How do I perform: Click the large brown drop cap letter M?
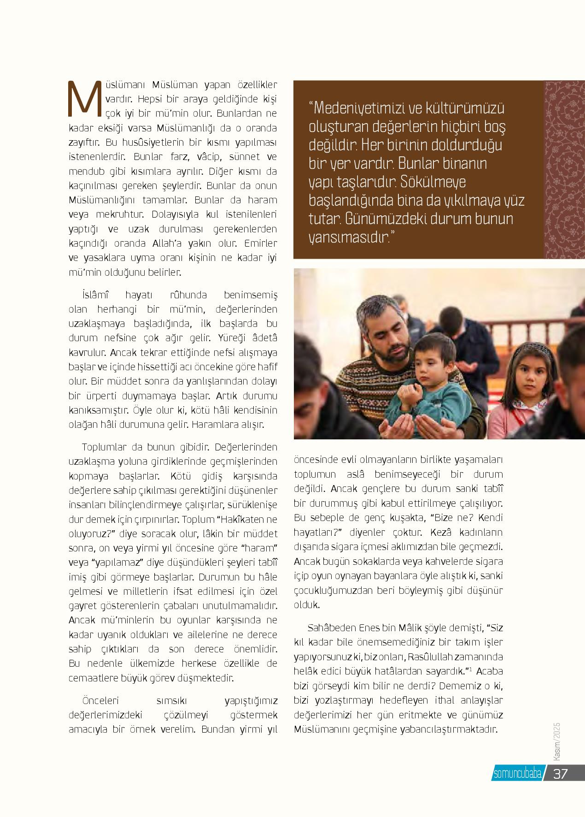click(x=83, y=99)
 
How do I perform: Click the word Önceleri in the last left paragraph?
click(x=100, y=701)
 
